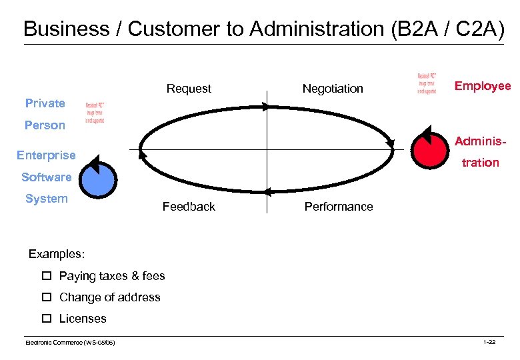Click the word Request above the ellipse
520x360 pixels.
(x=189, y=89)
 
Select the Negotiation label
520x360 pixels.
(x=333, y=89)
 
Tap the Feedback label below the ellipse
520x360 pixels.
(x=189, y=207)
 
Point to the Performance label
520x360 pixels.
(x=339, y=207)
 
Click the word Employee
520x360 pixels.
(x=482, y=86)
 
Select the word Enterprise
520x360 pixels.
(x=46, y=155)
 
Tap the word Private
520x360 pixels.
(x=45, y=103)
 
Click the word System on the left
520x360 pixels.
(x=46, y=199)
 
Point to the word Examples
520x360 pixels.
(x=57, y=254)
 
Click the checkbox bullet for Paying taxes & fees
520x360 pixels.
(x=47, y=276)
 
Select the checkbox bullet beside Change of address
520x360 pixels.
(x=47, y=297)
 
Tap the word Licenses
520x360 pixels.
(x=83, y=319)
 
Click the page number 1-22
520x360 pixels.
(x=489, y=342)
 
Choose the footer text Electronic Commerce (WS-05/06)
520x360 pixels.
(x=70, y=342)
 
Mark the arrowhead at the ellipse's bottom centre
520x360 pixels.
(x=266, y=192)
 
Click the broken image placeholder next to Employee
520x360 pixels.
(x=427, y=83)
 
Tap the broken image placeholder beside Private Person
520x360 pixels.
(x=95, y=114)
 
